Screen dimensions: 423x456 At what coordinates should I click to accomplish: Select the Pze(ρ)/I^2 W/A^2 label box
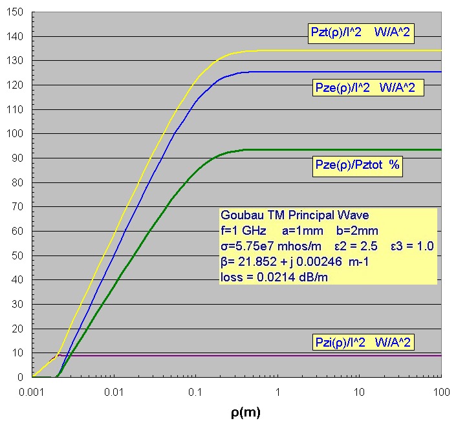tap(366, 87)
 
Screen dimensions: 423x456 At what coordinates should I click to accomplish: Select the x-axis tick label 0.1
tap(195, 393)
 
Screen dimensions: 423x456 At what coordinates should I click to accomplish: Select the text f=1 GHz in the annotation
tap(243, 231)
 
